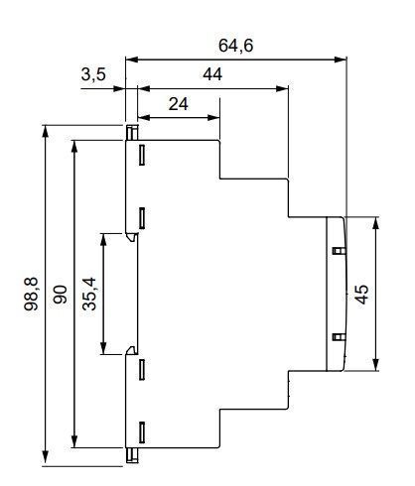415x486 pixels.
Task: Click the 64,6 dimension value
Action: pos(235,46)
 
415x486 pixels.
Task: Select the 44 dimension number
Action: pos(212,74)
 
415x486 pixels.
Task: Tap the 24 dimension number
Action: pos(179,104)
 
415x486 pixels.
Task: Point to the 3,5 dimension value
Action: pos(93,74)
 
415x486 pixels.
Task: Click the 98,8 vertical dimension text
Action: pos(32,294)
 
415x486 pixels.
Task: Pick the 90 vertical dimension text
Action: pos(61,295)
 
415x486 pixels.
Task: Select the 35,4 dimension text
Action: pos(89,294)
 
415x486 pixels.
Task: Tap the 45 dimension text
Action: pos(361,294)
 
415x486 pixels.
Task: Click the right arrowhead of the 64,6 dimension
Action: pos(341,60)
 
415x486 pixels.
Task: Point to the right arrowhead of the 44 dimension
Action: pos(282,88)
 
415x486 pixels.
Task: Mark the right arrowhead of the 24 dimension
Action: pos(213,117)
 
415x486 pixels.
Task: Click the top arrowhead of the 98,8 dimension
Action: pos(46,131)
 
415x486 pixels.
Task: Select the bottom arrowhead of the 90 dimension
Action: pos(74,441)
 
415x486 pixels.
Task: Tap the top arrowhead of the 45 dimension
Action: pos(375,223)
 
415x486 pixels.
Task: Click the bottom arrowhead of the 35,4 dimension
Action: pos(103,348)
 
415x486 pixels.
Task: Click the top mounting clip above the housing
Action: pos(132,133)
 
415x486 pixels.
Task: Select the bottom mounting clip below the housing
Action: pos(132,455)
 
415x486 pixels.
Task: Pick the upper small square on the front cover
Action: pos(339,251)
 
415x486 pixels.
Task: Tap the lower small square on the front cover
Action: pos(339,337)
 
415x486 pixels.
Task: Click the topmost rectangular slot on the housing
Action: pos(142,155)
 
